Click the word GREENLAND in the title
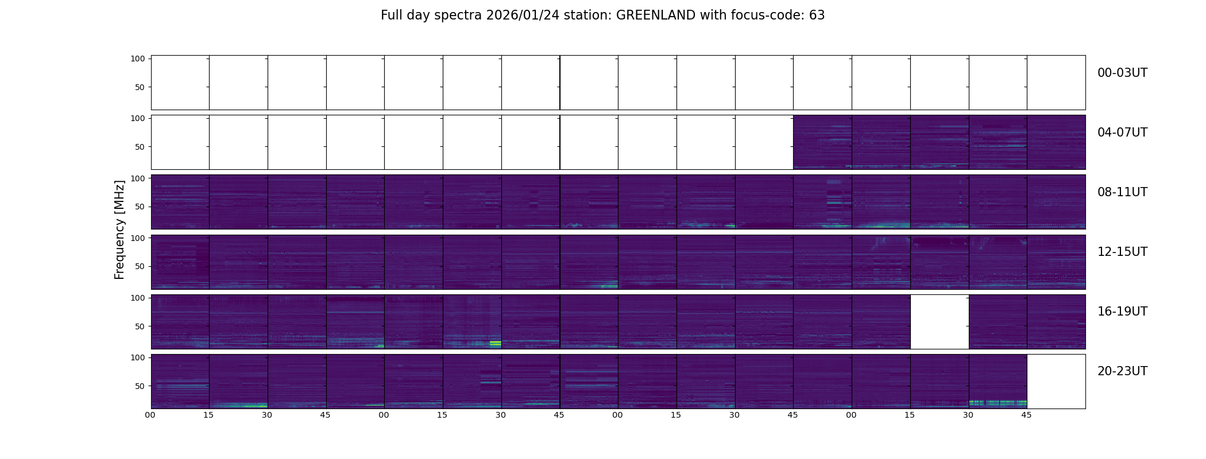655,15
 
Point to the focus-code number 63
817,15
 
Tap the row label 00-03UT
1122,73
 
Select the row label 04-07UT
1122,133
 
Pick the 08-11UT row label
1122,192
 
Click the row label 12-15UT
1122,252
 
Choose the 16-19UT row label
1122,312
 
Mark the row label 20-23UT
1122,371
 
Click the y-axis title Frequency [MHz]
119,229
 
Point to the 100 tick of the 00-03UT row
138,59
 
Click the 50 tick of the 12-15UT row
140,266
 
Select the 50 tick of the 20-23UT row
140,386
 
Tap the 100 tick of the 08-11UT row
138,178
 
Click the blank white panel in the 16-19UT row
940,321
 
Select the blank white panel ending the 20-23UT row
1056,381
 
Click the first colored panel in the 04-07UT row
822,142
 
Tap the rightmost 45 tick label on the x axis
1026,415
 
